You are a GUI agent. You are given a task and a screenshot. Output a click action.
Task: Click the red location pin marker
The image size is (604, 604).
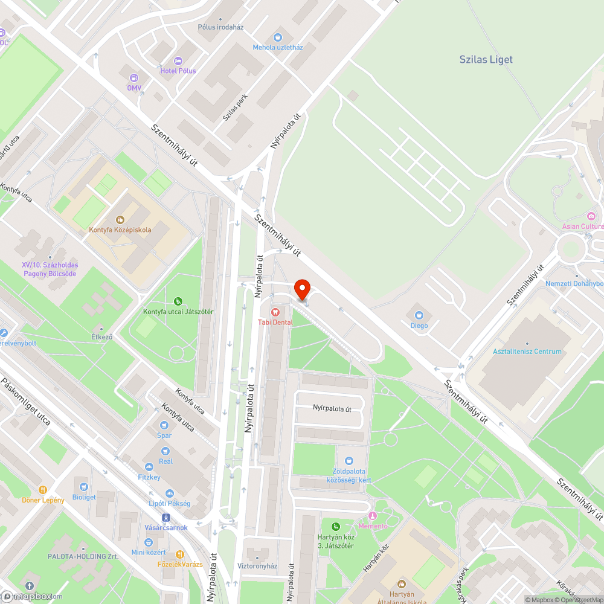pos(301,289)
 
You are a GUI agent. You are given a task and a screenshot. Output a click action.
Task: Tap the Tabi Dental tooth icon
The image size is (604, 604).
pos(275,312)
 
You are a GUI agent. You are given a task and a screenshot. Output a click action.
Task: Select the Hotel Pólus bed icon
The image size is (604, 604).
pos(178,60)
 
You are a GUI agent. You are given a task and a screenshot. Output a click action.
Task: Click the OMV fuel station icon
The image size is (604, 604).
pos(134,77)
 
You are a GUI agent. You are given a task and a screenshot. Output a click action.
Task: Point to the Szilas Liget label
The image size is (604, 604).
pos(486,59)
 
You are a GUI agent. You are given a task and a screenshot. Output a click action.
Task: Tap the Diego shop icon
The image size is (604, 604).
pos(419,315)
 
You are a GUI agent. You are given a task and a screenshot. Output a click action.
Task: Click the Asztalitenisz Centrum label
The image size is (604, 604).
pos(527,352)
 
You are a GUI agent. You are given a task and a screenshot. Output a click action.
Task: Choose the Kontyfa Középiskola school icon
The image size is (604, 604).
pos(120,219)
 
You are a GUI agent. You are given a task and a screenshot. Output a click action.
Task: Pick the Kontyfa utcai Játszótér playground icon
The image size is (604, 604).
pos(178,301)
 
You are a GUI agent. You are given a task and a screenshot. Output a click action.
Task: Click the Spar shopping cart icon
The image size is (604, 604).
pos(164,425)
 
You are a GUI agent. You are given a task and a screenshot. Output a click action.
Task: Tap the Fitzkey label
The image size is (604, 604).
pos(149,477)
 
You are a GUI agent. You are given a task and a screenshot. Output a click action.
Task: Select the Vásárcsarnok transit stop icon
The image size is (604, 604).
pos(166,518)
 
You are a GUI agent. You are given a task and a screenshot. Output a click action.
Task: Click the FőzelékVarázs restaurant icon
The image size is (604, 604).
pos(179,554)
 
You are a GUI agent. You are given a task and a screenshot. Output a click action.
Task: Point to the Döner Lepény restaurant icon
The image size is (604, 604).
pos(43,490)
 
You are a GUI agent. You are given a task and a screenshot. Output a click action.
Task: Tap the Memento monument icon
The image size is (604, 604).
pos(373,516)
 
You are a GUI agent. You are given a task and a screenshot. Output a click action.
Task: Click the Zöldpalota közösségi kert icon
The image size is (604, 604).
pos(349,461)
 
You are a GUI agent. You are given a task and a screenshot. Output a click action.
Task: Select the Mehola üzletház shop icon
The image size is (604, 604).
pos(278,37)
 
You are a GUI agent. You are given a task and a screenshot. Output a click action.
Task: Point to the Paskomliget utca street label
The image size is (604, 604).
pos(25,402)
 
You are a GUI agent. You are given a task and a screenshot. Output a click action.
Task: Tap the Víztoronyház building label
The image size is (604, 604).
pos(257,566)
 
